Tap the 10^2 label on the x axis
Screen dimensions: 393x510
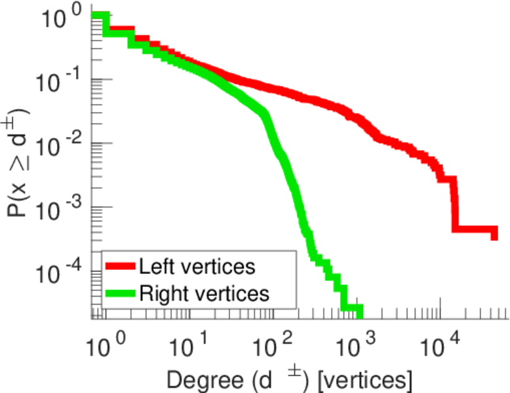point(271,341)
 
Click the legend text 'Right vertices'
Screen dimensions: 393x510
point(204,293)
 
